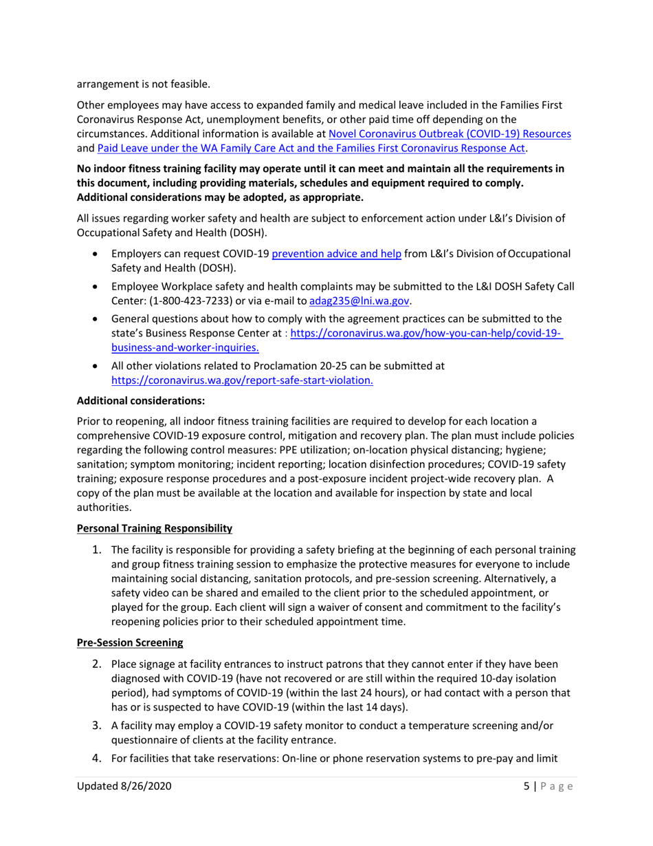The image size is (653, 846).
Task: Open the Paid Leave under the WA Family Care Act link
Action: (x=313, y=148)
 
